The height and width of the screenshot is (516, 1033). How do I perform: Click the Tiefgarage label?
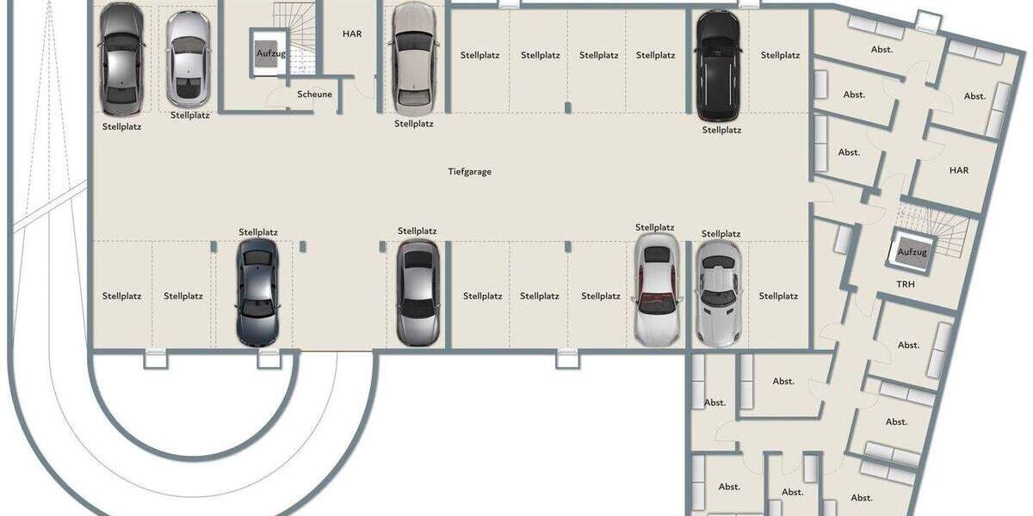coord(469,171)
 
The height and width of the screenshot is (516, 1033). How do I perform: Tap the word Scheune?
coord(314,95)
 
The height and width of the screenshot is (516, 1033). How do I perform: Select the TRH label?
coord(905,284)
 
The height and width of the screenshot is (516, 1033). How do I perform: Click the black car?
coord(718,64)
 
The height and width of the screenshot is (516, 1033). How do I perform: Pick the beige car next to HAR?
coord(413,58)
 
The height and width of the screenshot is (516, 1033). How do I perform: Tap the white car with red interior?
coord(656,290)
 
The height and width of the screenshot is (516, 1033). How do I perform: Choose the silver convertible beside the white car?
coord(717,292)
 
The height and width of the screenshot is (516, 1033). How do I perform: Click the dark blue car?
coord(257,292)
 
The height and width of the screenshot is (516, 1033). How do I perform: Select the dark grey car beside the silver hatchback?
coord(121,58)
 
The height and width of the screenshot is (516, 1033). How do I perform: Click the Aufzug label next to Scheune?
coord(270,53)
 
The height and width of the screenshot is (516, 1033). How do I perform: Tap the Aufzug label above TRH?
coord(912,252)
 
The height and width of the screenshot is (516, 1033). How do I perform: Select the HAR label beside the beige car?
coord(352,34)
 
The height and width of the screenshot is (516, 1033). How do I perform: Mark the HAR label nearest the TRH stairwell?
coord(958,170)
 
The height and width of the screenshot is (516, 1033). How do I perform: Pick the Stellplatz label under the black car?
coord(721,130)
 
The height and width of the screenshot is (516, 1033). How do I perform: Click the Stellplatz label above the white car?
coord(654,227)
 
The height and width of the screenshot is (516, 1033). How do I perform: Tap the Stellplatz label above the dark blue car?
coord(258,232)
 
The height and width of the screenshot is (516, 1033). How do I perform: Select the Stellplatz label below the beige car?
coord(413,123)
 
